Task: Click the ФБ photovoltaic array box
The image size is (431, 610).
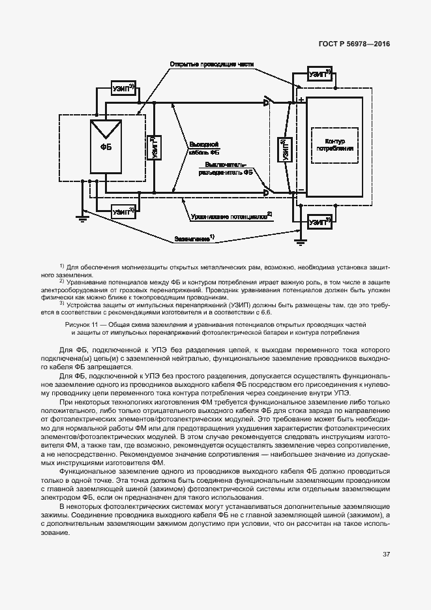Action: [x=105, y=147]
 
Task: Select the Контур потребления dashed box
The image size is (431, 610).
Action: [x=334, y=145]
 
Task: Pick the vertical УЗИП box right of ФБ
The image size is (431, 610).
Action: [x=153, y=147]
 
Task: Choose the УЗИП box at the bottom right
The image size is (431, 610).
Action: [x=319, y=222]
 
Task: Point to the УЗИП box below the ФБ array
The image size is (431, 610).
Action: [x=123, y=212]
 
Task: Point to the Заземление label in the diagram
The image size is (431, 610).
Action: [x=194, y=239]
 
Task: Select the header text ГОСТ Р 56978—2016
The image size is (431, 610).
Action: [x=354, y=44]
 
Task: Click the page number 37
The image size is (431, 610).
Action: [x=386, y=554]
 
